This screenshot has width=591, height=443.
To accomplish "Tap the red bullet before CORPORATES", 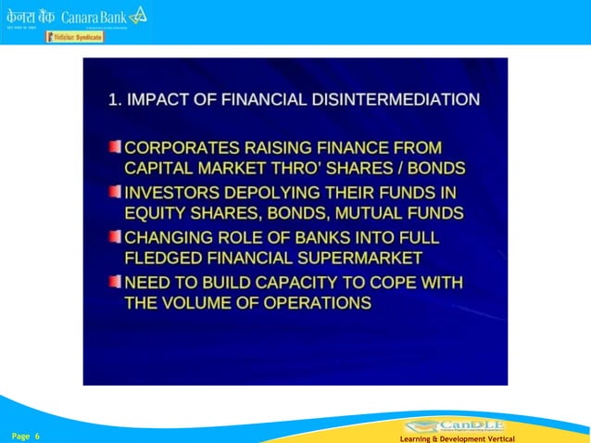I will [114, 146].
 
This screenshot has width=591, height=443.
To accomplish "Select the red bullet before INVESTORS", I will [114, 191].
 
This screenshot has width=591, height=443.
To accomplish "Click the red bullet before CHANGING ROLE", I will [114, 235].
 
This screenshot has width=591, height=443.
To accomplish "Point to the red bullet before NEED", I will [114, 280].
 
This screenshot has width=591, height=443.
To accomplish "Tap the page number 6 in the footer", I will [37, 435].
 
